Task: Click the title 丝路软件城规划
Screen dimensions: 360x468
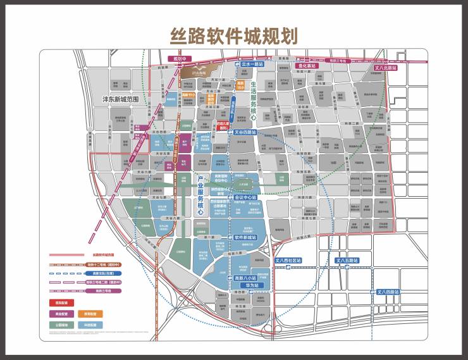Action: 234,35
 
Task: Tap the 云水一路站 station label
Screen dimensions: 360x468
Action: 252,65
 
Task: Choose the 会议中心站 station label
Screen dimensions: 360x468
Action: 245,197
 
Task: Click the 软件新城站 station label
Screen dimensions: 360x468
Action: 244,237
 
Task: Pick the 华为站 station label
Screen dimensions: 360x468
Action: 244,285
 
